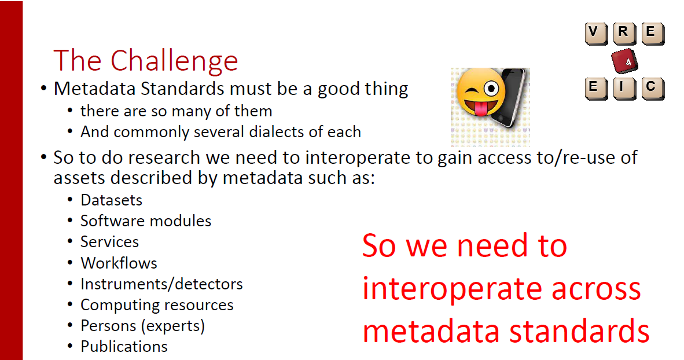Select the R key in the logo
[x=624, y=33]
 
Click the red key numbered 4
[x=624, y=61]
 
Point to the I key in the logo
[x=624, y=89]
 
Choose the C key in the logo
[x=653, y=89]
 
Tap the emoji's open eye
[x=491, y=89]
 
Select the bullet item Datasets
[x=111, y=200]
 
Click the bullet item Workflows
[x=119, y=263]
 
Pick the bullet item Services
[x=109, y=242]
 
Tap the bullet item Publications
[x=124, y=347]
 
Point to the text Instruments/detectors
[x=161, y=284]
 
